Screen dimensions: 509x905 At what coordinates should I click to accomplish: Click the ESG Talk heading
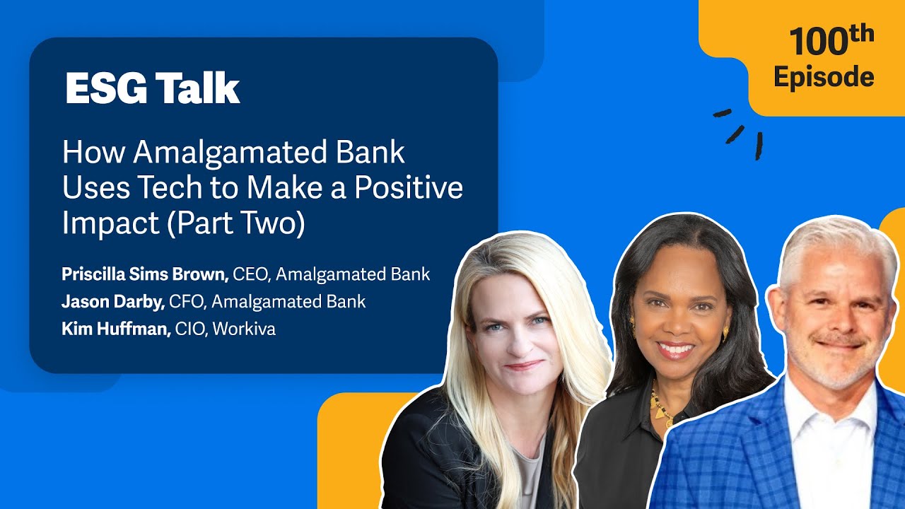[x=153, y=89]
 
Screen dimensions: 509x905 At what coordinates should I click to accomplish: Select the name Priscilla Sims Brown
[x=144, y=274]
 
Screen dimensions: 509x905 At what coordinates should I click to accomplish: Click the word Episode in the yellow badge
[x=824, y=76]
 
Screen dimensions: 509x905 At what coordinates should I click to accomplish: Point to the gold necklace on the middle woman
[x=662, y=410]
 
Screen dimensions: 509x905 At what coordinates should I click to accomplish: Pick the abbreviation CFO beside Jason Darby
[x=185, y=302]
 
